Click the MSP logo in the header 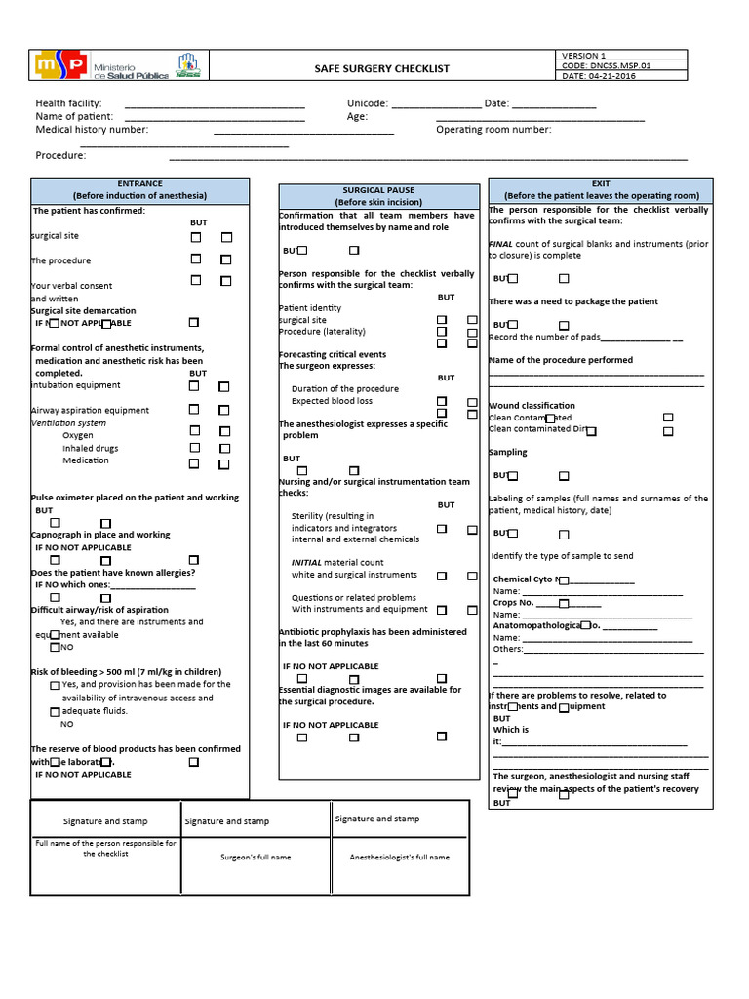[x=59, y=65]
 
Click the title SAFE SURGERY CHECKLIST [x=381, y=68]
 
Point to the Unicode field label [x=368, y=103]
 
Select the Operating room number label [x=493, y=129]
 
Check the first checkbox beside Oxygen [x=195, y=430]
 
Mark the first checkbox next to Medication [x=195, y=464]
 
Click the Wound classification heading [x=532, y=405]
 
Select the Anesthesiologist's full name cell [x=400, y=857]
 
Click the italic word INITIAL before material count [x=306, y=563]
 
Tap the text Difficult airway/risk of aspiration [x=99, y=610]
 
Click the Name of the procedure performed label [x=561, y=360]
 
